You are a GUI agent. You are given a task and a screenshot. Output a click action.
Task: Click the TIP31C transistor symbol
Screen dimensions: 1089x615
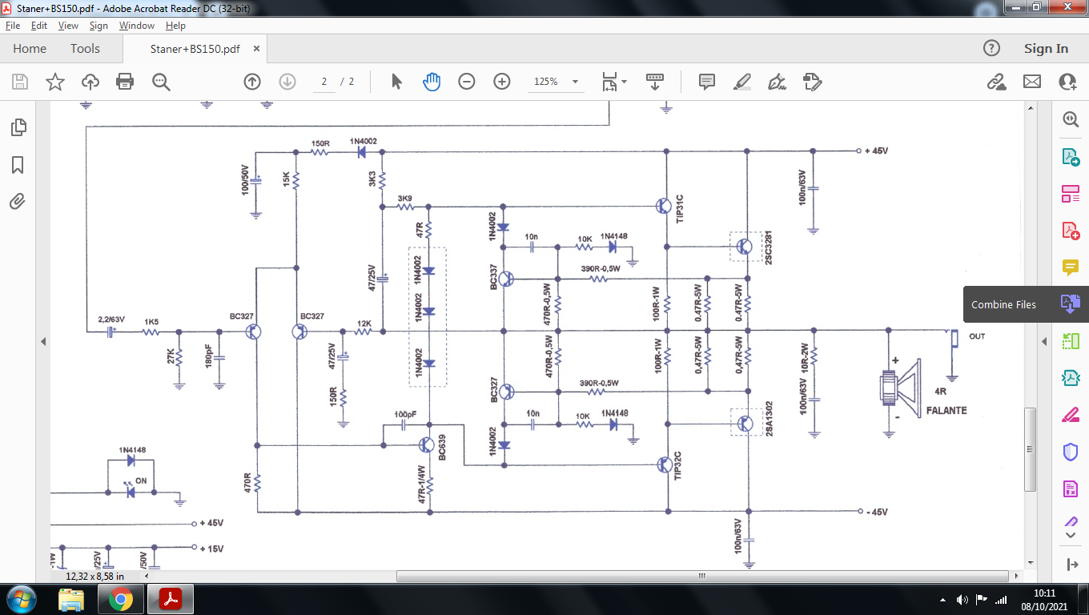664,206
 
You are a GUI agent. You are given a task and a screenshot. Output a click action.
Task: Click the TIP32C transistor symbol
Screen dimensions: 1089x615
665,464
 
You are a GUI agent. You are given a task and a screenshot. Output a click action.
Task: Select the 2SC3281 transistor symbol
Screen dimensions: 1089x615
745,247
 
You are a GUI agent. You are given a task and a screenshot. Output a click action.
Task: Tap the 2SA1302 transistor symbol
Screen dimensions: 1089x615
745,424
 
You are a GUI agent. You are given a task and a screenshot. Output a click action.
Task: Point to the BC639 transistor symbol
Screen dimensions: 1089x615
426,445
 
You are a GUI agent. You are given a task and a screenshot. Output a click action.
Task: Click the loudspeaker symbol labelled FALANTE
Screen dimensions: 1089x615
900,388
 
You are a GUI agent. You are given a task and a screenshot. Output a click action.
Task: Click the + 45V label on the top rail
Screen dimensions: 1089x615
877,151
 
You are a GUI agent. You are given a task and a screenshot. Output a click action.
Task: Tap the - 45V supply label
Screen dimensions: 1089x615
877,512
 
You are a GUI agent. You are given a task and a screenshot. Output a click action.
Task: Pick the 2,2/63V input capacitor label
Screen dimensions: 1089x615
111,320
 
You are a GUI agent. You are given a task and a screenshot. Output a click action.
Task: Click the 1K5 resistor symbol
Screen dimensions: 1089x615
151,332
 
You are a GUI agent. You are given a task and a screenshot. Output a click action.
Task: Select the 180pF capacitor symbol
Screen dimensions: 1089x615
219,358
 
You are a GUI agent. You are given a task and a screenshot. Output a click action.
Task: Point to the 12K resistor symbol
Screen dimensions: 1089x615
364,332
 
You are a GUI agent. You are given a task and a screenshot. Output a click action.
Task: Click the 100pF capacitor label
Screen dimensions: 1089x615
405,414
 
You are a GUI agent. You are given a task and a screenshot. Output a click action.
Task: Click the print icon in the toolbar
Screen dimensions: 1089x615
125,81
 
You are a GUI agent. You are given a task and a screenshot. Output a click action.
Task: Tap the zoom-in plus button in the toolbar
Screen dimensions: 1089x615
502,81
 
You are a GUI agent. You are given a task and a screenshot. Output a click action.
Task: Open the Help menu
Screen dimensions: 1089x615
175,26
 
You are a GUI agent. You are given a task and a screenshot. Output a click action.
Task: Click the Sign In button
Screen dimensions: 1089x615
1046,49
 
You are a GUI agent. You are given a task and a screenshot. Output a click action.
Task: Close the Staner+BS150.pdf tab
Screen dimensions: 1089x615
257,49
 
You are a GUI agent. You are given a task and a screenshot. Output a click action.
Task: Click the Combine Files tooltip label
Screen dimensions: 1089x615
1003,305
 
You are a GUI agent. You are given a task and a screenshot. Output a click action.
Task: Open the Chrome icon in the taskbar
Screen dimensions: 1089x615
121,600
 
